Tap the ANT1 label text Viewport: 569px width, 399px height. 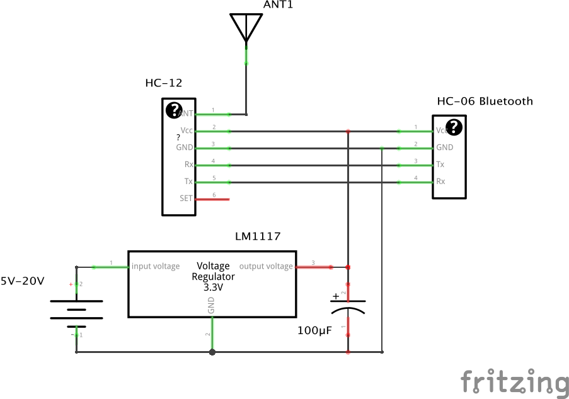click(279, 6)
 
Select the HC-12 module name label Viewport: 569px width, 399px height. click(164, 83)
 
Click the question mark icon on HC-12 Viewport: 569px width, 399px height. click(174, 110)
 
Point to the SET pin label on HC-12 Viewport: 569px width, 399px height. click(186, 199)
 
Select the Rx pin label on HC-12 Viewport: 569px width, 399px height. click(188, 165)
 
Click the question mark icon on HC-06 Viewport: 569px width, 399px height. click(454, 127)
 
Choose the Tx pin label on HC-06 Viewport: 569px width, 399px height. click(440, 165)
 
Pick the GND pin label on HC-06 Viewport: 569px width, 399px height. click(444, 147)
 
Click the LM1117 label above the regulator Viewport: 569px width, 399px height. click(258, 236)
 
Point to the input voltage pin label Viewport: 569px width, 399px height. click(156, 266)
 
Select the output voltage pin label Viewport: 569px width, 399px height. click(266, 266)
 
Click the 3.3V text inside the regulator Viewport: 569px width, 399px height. click(213, 287)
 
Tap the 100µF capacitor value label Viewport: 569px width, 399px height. click(315, 330)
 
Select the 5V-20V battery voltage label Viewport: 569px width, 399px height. click(22, 281)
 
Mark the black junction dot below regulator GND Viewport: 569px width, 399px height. click(212, 352)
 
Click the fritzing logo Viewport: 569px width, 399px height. click(514, 383)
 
